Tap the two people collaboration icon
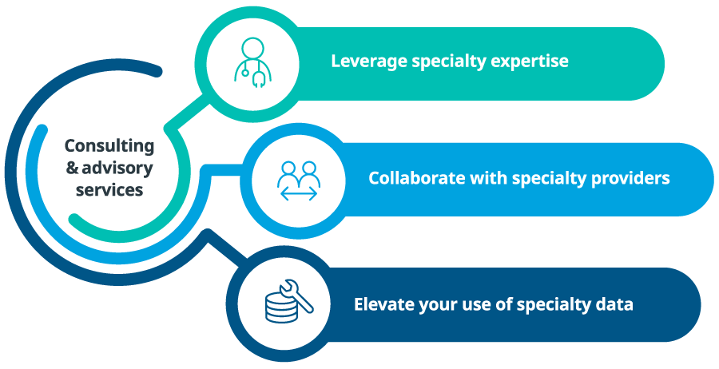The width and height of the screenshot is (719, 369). tap(299, 181)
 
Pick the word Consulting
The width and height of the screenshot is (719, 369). tap(109, 146)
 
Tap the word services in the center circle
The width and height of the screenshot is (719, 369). tap(109, 189)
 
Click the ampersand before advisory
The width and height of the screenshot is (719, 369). tap(73, 168)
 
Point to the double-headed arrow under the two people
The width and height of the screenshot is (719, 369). tap(299, 194)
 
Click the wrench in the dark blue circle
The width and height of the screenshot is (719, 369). tap(296, 296)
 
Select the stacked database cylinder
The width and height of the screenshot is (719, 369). tap(278, 307)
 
